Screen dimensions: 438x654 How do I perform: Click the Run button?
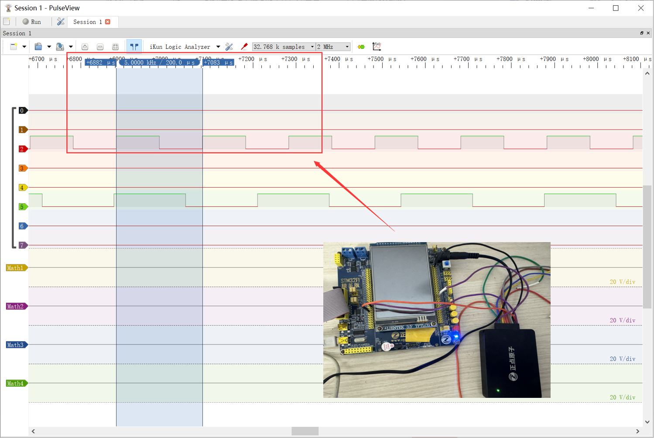click(x=32, y=22)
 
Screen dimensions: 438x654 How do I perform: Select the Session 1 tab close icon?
click(x=108, y=22)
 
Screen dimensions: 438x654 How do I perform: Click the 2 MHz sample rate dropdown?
click(x=333, y=47)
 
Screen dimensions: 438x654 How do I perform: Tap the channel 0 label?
click(x=22, y=111)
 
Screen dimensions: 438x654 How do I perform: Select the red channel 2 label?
click(x=22, y=149)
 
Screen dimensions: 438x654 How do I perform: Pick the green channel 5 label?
click(x=22, y=207)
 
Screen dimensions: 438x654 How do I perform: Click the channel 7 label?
click(x=22, y=245)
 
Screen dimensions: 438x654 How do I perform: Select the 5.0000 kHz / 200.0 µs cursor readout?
click(x=159, y=62)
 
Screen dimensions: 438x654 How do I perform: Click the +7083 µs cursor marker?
click(x=218, y=62)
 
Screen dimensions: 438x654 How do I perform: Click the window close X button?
click(x=640, y=8)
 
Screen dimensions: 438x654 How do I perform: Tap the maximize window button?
click(x=616, y=8)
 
